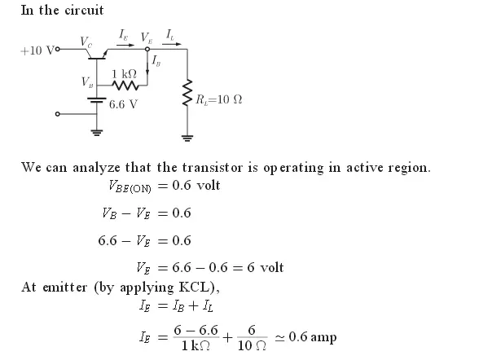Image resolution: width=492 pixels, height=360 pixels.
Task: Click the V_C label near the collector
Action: click(86, 39)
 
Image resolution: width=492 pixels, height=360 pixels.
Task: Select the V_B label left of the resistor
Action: click(86, 81)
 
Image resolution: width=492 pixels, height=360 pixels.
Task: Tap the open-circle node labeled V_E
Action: click(147, 50)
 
